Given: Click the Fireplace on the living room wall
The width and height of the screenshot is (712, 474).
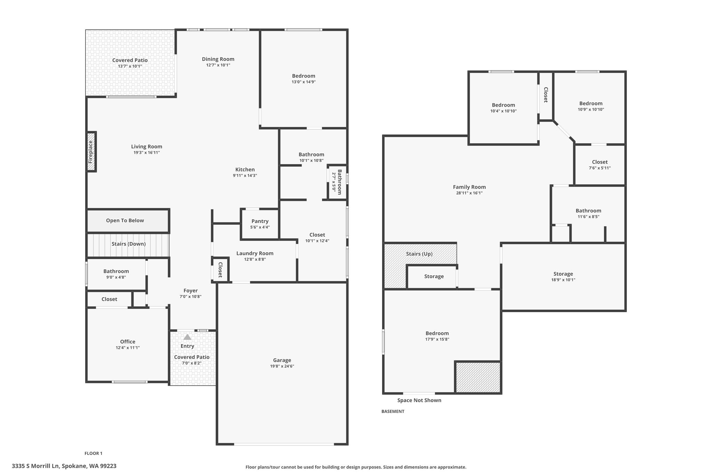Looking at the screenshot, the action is pyautogui.click(x=91, y=152).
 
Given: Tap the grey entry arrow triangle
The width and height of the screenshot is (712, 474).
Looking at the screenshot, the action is pyautogui.click(x=187, y=337).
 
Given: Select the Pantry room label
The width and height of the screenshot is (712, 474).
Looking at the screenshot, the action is pyautogui.click(x=260, y=221).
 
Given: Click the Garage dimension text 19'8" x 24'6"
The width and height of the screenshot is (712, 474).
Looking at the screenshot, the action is pyautogui.click(x=282, y=366).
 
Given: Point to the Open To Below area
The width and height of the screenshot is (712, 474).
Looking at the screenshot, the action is pyautogui.click(x=128, y=221).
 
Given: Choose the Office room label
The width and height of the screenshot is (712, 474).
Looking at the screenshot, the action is pyautogui.click(x=128, y=342).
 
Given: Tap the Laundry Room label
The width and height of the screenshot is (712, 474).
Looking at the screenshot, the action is pyautogui.click(x=255, y=253).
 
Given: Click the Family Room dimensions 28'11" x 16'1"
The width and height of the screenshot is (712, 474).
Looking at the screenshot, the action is pyautogui.click(x=469, y=193).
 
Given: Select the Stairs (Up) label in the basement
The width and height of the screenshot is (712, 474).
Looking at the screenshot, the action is pyautogui.click(x=419, y=254).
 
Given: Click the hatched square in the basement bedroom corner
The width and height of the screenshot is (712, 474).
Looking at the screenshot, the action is pyautogui.click(x=478, y=377).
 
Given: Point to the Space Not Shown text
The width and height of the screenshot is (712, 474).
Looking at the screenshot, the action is pyautogui.click(x=419, y=400).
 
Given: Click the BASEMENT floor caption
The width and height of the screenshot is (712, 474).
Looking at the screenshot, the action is pyautogui.click(x=393, y=411).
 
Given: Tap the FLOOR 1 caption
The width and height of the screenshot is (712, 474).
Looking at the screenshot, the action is pyautogui.click(x=94, y=453).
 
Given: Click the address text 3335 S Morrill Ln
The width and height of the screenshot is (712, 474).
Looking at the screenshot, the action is pyautogui.click(x=36, y=466).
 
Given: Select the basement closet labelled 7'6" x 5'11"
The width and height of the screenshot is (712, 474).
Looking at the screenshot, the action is pyautogui.click(x=600, y=165).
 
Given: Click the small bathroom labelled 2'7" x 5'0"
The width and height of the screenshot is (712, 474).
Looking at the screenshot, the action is pyautogui.click(x=337, y=182).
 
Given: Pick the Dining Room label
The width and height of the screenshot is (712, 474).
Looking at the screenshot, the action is pyautogui.click(x=218, y=59).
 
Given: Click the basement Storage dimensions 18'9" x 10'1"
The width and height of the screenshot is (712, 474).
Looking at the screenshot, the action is pyautogui.click(x=563, y=280).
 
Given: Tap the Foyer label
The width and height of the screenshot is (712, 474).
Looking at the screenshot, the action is pyautogui.click(x=191, y=291).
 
